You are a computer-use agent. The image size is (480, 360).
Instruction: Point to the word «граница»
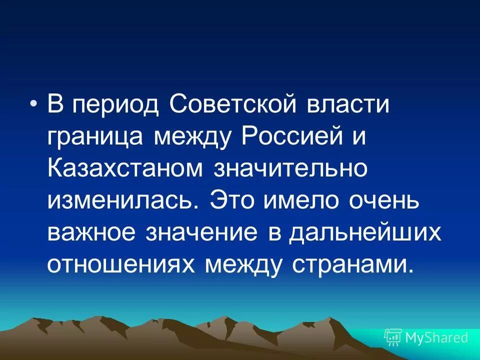tap(95, 136)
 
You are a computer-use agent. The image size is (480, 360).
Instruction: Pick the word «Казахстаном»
tap(125, 168)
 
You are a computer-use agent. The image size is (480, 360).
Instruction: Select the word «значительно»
tap(290, 168)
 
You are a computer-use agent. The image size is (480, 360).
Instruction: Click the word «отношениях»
tap(122, 264)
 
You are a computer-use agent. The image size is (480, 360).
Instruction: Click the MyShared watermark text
tap(436, 337)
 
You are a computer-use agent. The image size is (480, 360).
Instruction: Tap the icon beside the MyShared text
tap(392, 337)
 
